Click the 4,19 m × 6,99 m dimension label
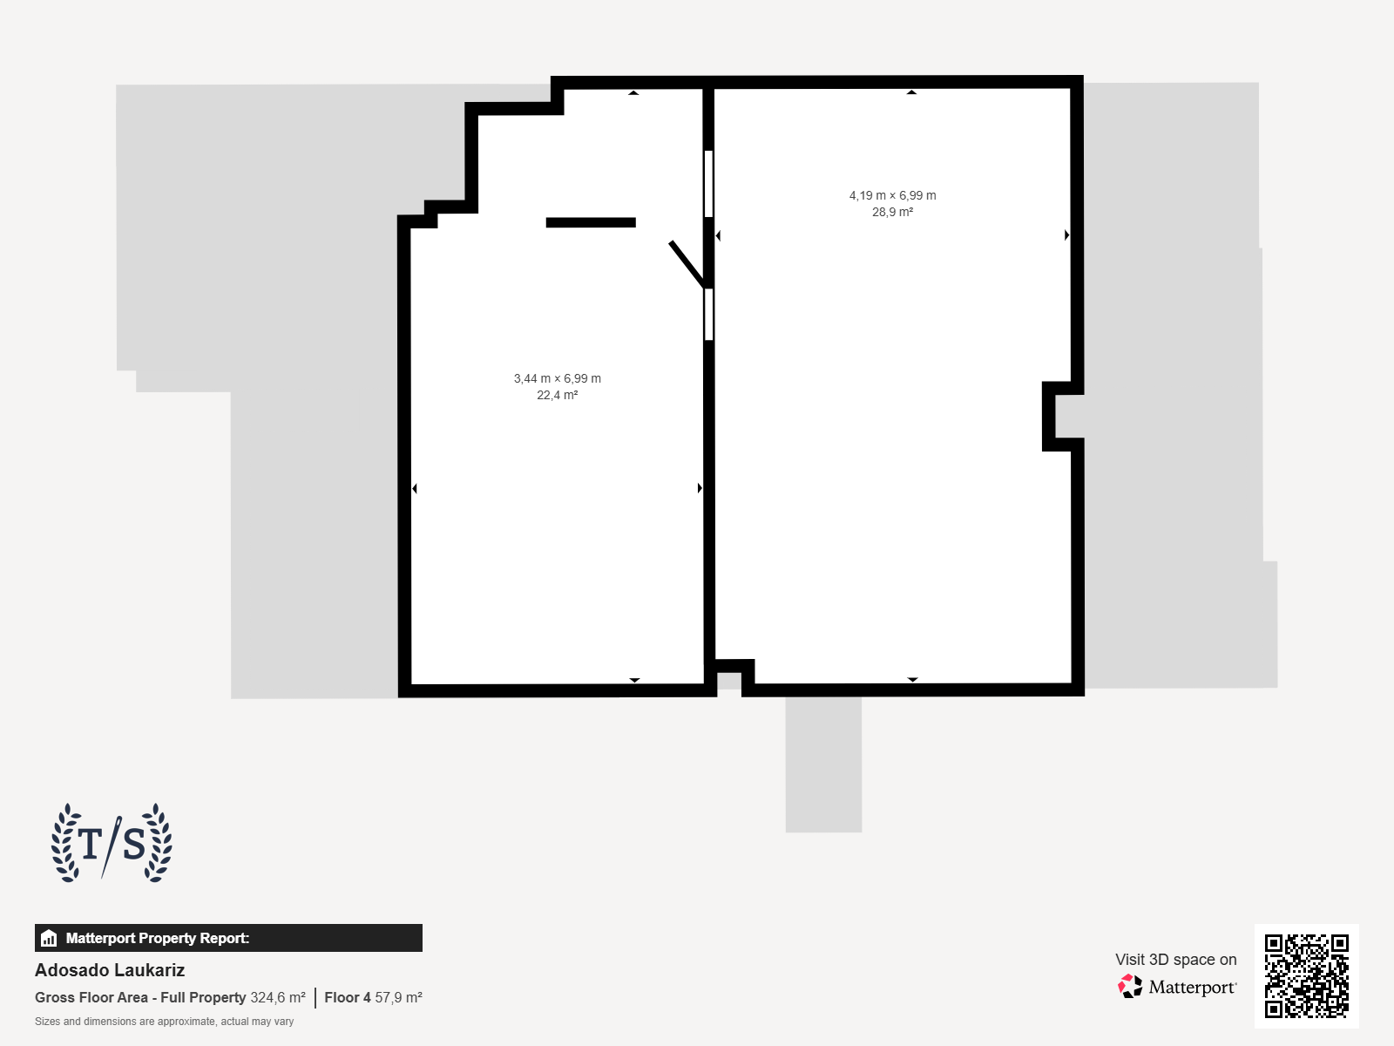pyautogui.click(x=892, y=195)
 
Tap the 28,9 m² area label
pyautogui.click(x=892, y=212)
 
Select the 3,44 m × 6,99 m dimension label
pyautogui.click(x=557, y=378)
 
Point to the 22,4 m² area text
pyautogui.click(x=557, y=395)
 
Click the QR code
pyautogui.click(x=1306, y=976)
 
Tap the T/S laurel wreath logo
pyautogui.click(x=112, y=843)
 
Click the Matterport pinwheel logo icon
pyautogui.click(x=1130, y=987)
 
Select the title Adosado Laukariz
pyautogui.click(x=110, y=970)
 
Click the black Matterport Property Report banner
pyautogui.click(x=228, y=938)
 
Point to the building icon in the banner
pyautogui.click(x=49, y=938)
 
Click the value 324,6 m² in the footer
pyautogui.click(x=278, y=998)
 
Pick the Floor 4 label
pyautogui.click(x=348, y=998)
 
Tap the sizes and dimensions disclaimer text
pyautogui.click(x=164, y=1022)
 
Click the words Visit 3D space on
pyautogui.click(x=1175, y=960)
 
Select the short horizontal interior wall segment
pyautogui.click(x=591, y=222)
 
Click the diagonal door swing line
pyautogui.click(x=687, y=264)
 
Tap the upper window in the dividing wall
pyautogui.click(x=708, y=184)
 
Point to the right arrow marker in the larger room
pyautogui.click(x=1067, y=235)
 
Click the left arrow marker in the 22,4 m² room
pyautogui.click(x=415, y=488)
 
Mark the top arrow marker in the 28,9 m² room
pyautogui.click(x=911, y=92)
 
